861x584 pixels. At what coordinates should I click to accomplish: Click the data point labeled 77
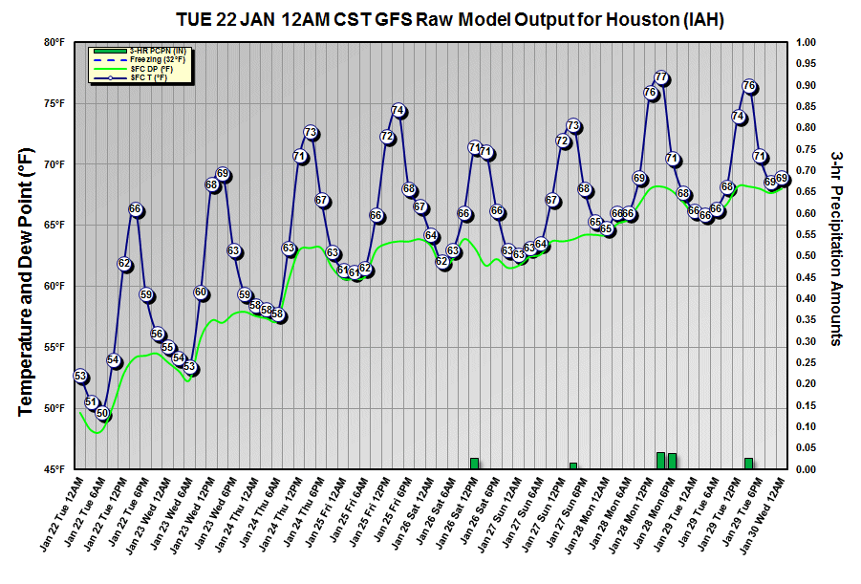tap(661, 77)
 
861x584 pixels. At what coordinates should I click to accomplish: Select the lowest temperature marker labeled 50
tap(103, 414)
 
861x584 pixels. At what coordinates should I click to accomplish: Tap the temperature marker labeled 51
tap(92, 402)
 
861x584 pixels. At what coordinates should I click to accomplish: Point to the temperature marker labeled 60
tap(201, 292)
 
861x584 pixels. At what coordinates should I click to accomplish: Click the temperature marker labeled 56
tap(158, 334)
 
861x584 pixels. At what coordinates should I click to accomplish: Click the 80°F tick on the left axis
tap(53, 43)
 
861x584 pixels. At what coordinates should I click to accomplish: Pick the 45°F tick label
tap(53, 469)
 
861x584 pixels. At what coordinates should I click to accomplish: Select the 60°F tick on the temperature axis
tap(53, 287)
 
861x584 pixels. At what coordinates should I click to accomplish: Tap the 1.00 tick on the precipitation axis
tap(807, 43)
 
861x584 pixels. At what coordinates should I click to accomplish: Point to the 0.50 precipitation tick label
tap(807, 256)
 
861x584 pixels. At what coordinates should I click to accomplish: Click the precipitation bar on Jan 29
tap(748, 464)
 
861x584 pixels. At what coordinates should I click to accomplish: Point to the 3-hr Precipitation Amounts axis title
tap(836, 248)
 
